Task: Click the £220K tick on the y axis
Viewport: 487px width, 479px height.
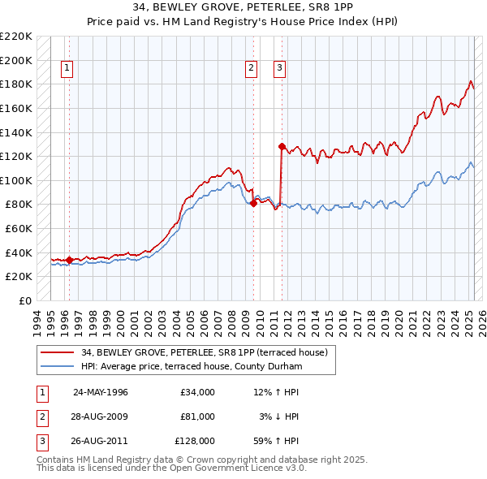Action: tap(16, 37)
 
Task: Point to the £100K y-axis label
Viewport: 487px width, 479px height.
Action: tap(16, 180)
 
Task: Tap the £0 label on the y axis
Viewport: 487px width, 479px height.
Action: tap(24, 300)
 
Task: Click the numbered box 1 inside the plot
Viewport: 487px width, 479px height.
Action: tap(66, 68)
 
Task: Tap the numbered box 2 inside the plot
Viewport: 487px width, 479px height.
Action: tap(252, 68)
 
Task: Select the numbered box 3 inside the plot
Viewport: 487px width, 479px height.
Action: tap(279, 68)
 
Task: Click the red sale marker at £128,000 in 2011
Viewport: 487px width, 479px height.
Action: tap(282, 147)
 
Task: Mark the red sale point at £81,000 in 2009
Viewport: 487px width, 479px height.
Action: tap(254, 203)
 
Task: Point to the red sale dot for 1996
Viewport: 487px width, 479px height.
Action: tap(69, 260)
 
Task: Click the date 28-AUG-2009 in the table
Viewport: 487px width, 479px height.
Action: tap(101, 416)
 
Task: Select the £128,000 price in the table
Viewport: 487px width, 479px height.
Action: tap(195, 442)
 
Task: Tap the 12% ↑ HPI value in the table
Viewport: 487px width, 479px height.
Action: tap(276, 391)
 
